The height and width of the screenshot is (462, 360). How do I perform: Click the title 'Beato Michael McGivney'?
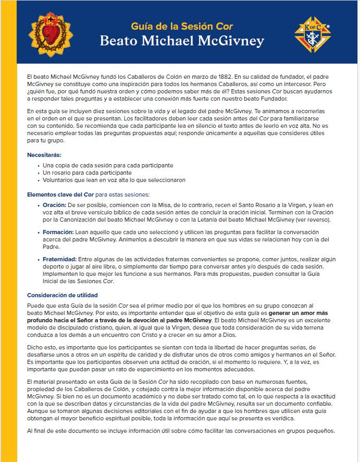coord(181,41)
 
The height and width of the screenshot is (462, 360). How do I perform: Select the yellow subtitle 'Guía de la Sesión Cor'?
coord(181,26)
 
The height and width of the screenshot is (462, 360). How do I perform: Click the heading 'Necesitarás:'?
coord(44,155)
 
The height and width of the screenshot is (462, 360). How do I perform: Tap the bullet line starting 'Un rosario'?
coord(87,173)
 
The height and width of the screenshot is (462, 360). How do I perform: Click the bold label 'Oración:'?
coord(54,205)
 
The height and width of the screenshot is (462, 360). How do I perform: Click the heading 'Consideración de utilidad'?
coord(62,295)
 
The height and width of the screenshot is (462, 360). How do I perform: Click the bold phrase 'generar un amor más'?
coord(304,312)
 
